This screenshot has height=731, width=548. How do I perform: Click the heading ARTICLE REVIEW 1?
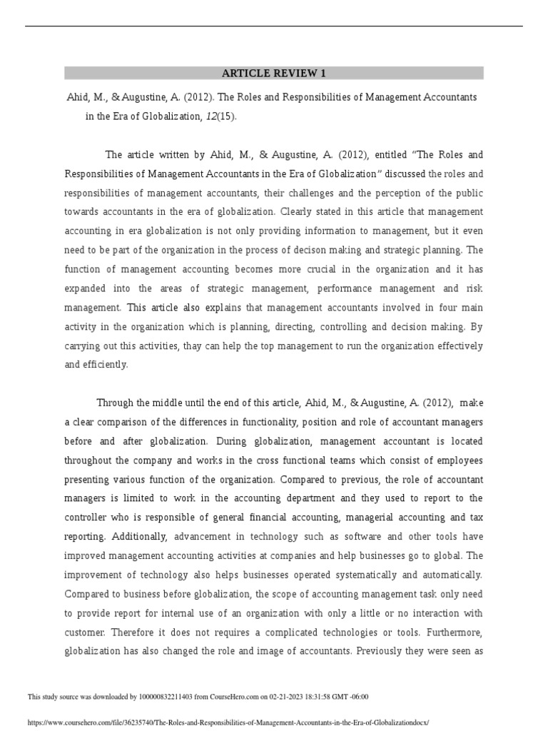click(x=274, y=74)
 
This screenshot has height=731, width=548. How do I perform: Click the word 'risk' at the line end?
click(x=473, y=288)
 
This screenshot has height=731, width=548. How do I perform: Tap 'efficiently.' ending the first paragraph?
click(x=96, y=364)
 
